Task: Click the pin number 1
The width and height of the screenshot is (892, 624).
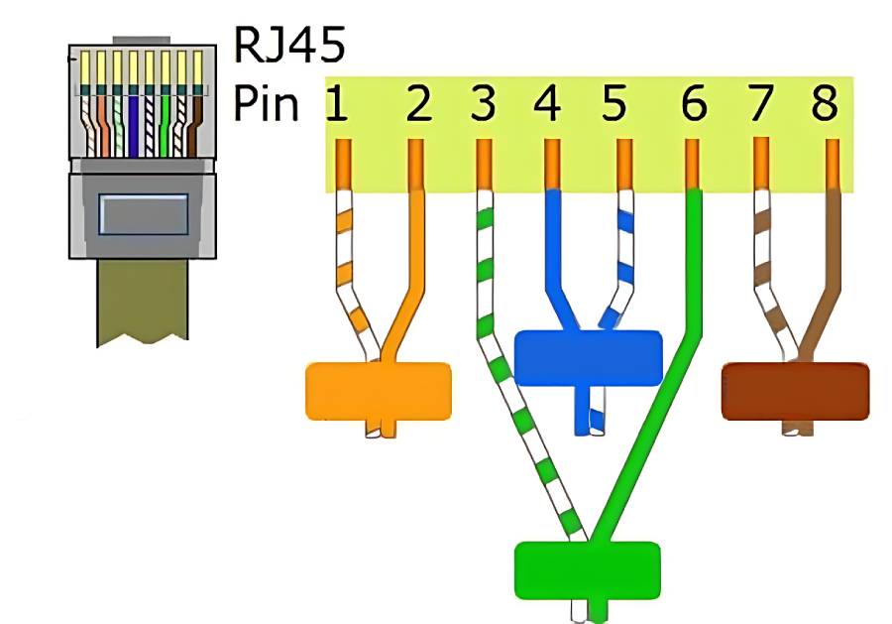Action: (x=338, y=103)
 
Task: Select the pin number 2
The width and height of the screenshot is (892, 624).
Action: (x=418, y=103)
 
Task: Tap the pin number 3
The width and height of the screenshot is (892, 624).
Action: (x=483, y=103)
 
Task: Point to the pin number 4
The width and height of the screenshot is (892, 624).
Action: (x=548, y=103)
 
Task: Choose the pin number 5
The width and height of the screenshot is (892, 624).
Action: (x=614, y=103)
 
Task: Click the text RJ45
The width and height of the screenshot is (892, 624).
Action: (x=289, y=46)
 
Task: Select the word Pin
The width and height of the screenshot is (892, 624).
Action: (x=266, y=103)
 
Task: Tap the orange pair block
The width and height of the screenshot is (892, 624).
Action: (x=377, y=390)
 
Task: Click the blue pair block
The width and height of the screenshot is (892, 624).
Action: (x=589, y=358)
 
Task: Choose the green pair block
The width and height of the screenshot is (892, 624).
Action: (x=587, y=569)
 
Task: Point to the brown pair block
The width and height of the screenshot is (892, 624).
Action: (x=795, y=390)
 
